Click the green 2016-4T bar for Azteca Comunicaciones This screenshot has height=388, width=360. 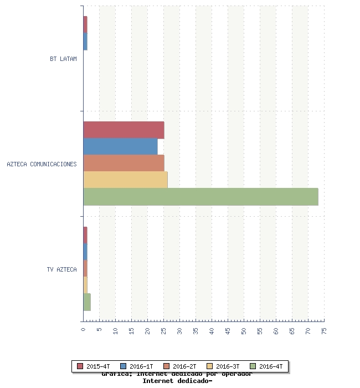(200, 197)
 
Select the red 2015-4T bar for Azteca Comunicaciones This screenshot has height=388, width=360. (124, 130)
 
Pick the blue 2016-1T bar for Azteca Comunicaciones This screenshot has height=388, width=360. (120, 147)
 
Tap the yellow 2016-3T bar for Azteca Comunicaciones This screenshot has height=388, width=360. (125, 180)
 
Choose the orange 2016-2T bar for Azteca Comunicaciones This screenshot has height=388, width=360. (124, 164)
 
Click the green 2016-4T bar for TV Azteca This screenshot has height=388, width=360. (87, 302)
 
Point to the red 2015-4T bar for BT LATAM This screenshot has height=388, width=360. (85, 25)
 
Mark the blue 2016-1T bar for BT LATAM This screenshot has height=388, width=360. (85, 42)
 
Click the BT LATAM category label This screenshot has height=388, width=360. (63, 58)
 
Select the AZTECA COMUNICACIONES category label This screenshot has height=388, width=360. (42, 164)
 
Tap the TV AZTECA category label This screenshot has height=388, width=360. (61, 269)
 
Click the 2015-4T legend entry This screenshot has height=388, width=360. (94, 366)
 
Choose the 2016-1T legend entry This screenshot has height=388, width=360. (137, 366)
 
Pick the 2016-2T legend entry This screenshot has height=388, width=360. (180, 366)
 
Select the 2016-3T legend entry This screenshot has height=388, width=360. (223, 366)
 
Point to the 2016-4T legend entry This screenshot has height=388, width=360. (266, 366)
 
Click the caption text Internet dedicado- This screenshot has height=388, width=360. (177, 381)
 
